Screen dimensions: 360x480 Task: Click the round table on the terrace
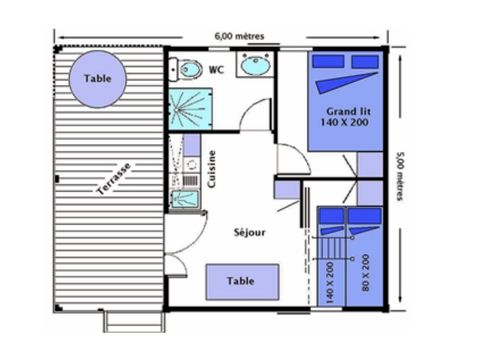pos(98,78)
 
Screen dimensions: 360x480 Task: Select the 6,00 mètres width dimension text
pos(239,36)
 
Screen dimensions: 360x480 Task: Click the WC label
pos(216,70)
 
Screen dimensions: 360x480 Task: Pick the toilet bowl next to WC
pos(187,70)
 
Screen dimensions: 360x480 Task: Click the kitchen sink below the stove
pos(184,198)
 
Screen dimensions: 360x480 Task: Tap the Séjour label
pos(249,232)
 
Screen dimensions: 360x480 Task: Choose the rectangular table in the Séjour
pos(240,281)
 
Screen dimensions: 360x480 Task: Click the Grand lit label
pos(345,110)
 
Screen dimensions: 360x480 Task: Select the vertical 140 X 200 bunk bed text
pos(331,280)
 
